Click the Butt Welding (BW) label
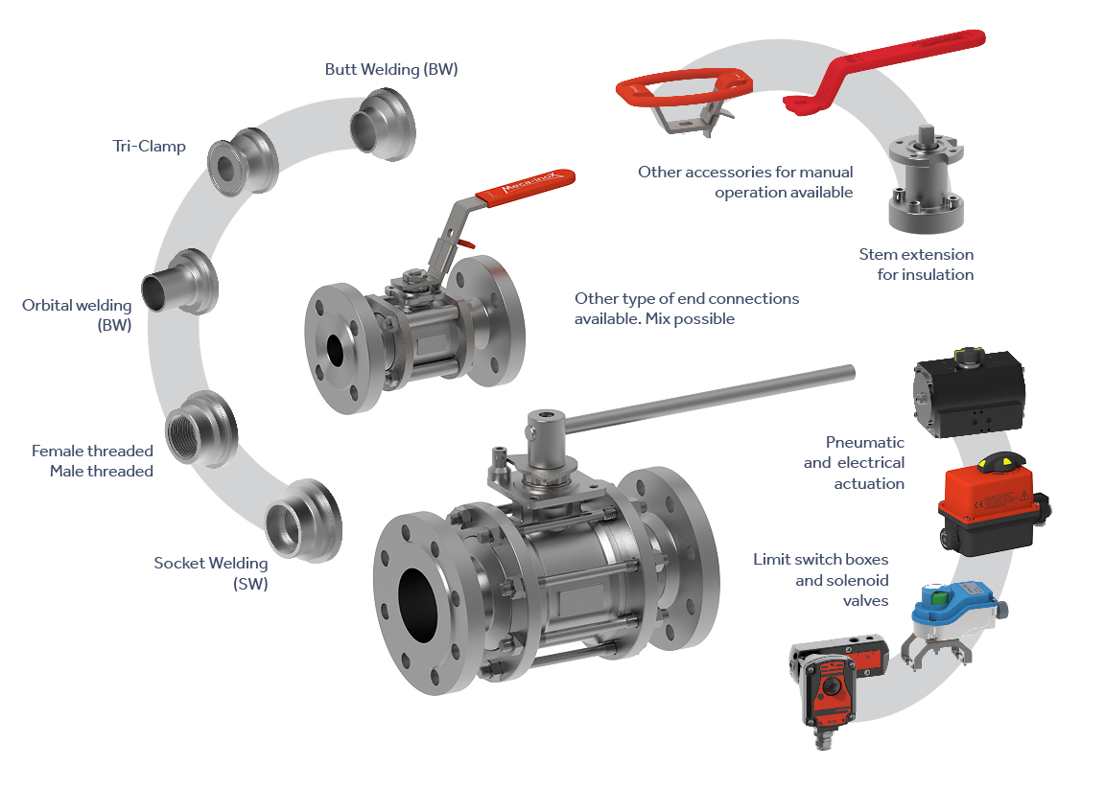click(x=391, y=70)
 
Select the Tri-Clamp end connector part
click(x=243, y=163)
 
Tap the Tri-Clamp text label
click(x=150, y=147)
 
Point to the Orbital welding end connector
click(x=180, y=282)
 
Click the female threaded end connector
click(x=200, y=429)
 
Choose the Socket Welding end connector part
click(x=304, y=521)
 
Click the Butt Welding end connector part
click(x=384, y=125)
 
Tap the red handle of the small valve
click(x=525, y=187)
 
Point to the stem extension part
click(x=926, y=181)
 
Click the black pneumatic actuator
click(x=968, y=393)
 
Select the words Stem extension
click(x=916, y=255)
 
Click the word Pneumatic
click(x=864, y=442)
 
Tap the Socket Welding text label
click(x=211, y=564)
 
